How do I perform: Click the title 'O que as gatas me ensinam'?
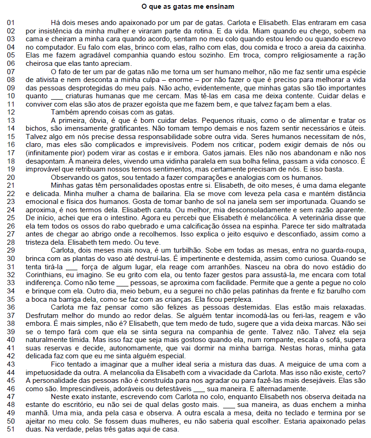coord(187,6)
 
